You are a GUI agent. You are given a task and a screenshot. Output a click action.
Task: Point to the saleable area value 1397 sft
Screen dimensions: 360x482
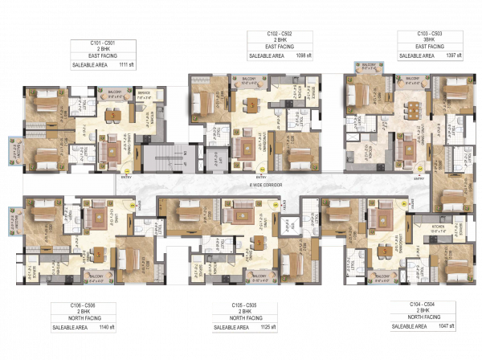[455, 56]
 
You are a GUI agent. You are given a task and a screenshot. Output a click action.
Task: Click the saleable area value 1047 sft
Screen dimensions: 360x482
[444, 327]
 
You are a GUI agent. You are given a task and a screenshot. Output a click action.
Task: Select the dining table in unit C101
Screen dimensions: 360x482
[112, 114]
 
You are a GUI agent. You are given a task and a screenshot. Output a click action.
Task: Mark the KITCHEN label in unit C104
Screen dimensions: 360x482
[438, 227]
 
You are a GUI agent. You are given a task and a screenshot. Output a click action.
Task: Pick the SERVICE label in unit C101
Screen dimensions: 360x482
[144, 93]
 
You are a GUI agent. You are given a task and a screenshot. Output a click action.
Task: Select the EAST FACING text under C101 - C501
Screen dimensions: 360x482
[98, 55]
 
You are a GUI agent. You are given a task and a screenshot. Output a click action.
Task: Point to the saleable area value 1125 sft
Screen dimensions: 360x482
[268, 327]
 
